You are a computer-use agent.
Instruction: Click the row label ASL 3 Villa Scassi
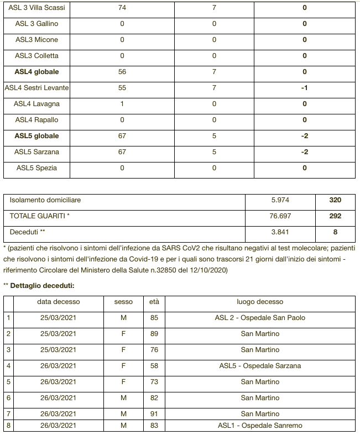[x=37, y=8]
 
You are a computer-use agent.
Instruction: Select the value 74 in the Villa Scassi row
[x=122, y=8]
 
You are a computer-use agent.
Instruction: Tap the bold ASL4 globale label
[x=37, y=72]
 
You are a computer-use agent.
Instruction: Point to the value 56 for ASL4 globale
[x=122, y=72]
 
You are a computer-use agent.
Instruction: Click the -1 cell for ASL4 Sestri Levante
[x=304, y=88]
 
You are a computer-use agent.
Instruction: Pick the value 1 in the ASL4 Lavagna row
[x=122, y=104]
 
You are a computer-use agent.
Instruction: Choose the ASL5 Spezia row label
[x=37, y=168]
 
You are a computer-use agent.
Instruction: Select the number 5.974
[x=280, y=200]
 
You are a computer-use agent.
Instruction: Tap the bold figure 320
[x=335, y=200]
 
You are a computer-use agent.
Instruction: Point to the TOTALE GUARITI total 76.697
[x=280, y=216]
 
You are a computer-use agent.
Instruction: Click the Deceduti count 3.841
[x=280, y=232]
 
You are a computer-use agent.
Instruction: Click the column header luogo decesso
[x=260, y=302]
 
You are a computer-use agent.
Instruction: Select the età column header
[x=154, y=302]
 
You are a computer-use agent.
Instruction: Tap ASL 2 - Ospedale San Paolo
[x=260, y=318]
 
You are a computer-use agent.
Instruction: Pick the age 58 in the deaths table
[x=154, y=365]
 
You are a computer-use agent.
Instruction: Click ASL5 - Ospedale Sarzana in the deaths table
[x=260, y=365]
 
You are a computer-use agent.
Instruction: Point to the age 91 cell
[x=154, y=413]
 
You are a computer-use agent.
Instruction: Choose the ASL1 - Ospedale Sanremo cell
[x=260, y=425]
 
